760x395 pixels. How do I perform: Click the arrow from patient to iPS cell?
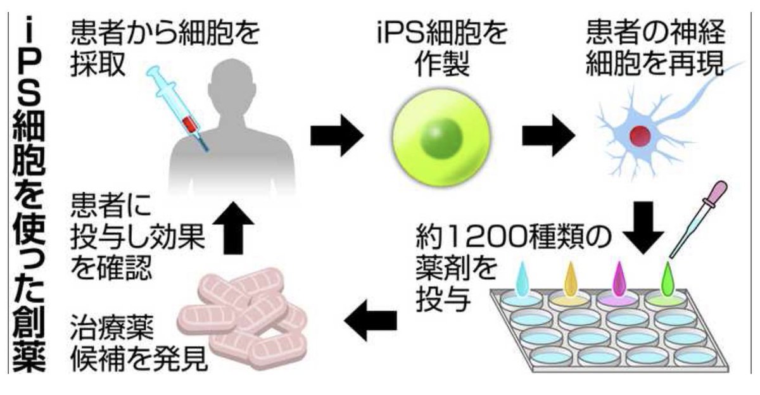[x=336, y=135]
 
